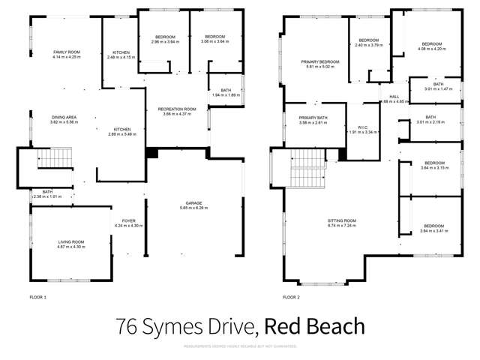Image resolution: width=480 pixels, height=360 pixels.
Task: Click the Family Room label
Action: [x=66, y=54]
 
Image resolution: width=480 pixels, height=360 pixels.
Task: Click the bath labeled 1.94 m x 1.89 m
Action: [x=226, y=93]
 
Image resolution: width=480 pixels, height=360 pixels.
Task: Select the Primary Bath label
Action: [x=313, y=121]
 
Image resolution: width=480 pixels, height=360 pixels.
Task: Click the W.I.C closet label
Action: [x=364, y=128]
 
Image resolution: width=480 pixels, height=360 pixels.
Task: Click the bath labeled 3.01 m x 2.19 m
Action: [x=430, y=119]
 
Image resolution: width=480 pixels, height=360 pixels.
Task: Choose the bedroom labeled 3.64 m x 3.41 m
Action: [x=433, y=229]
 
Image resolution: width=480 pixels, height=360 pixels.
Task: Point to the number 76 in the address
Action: [x=129, y=327]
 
